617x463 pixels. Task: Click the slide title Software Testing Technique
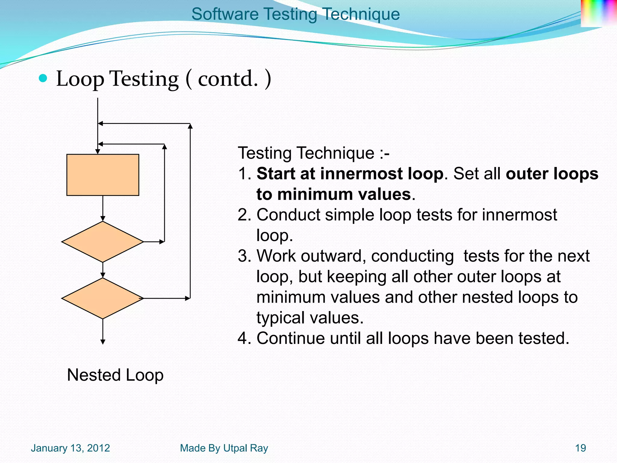point(295,14)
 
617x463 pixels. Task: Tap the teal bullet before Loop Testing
point(43,78)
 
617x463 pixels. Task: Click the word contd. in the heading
point(228,79)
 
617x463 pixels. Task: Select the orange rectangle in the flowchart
point(103,175)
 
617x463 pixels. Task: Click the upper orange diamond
point(102,242)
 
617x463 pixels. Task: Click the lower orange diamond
point(102,298)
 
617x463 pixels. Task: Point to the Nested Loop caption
point(115,375)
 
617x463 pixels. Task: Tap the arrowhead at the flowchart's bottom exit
point(103,342)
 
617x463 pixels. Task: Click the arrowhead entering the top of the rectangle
point(98,151)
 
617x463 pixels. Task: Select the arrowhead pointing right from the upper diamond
point(162,242)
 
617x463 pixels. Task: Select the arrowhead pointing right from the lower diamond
point(188,298)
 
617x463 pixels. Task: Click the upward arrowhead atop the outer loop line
point(190,126)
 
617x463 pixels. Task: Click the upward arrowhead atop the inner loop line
point(164,147)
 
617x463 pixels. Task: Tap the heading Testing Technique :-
point(313,153)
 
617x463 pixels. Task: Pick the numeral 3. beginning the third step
point(244,256)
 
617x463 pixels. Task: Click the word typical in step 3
point(280,318)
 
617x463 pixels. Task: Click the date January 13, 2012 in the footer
point(70,448)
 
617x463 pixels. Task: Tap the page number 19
point(580,448)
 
